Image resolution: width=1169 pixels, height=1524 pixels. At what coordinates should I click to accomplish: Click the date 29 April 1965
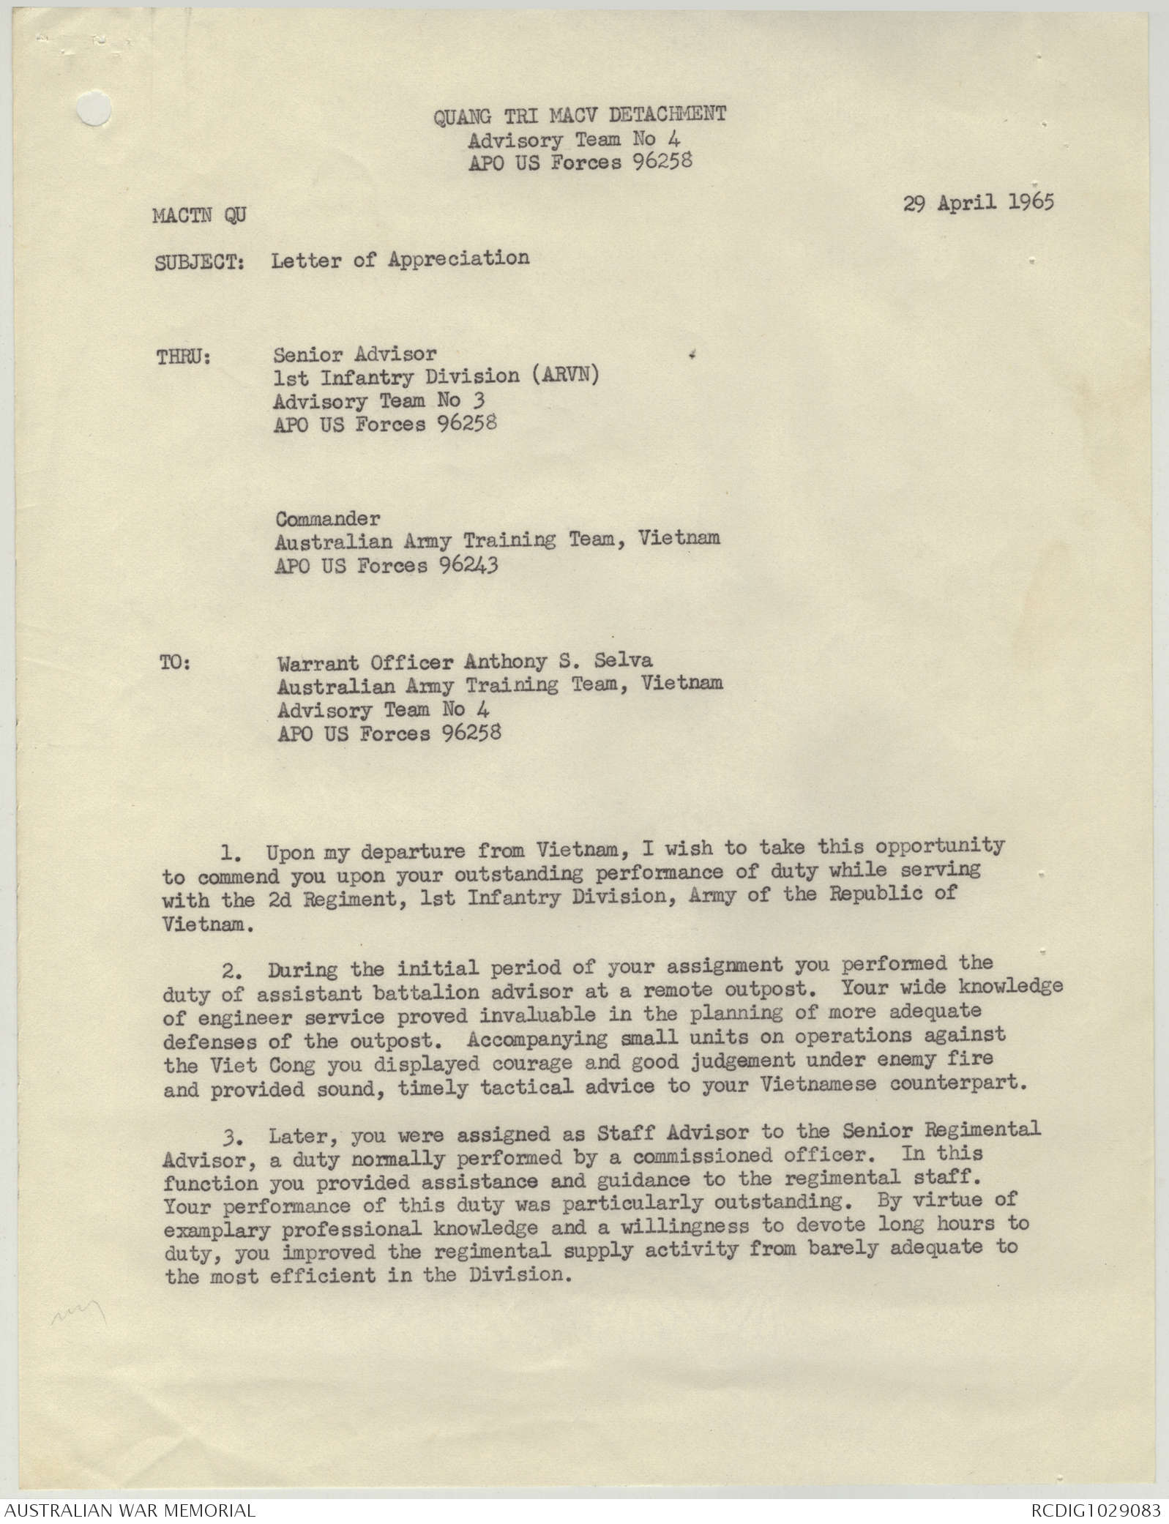pyautogui.click(x=978, y=202)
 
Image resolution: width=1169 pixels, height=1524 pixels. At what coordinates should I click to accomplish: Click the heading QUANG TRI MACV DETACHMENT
pyautogui.click(x=580, y=115)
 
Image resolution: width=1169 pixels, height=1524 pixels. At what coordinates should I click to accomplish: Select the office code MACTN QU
pyautogui.click(x=199, y=216)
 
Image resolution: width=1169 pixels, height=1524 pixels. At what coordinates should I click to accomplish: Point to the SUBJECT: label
pyautogui.click(x=199, y=262)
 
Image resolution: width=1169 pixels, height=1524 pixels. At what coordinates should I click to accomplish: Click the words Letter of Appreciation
pyautogui.click(x=400, y=258)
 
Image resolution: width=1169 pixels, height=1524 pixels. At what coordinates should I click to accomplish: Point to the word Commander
pyautogui.click(x=327, y=518)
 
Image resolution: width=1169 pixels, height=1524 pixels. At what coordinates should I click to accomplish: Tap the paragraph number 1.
pyautogui.click(x=230, y=853)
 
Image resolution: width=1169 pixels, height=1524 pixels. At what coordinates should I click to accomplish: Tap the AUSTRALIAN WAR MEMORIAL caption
pyautogui.click(x=128, y=1510)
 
